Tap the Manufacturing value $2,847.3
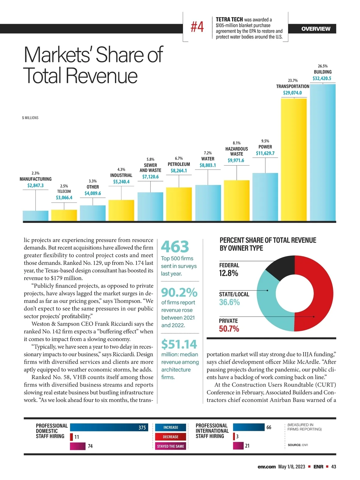click(35, 185)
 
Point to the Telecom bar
click(64, 215)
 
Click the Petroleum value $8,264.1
click(179, 171)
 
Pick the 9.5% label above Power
click(265, 141)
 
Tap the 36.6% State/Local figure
click(229, 302)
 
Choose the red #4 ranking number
click(197, 27)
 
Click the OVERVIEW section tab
click(316, 29)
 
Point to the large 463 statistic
click(175, 247)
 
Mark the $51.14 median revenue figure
click(179, 344)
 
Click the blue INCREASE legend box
click(171, 427)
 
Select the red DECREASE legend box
click(171, 437)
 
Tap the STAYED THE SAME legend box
click(171, 446)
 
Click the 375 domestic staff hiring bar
click(109, 427)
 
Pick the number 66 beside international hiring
click(269, 427)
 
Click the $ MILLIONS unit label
click(30, 118)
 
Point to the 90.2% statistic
click(179, 292)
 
